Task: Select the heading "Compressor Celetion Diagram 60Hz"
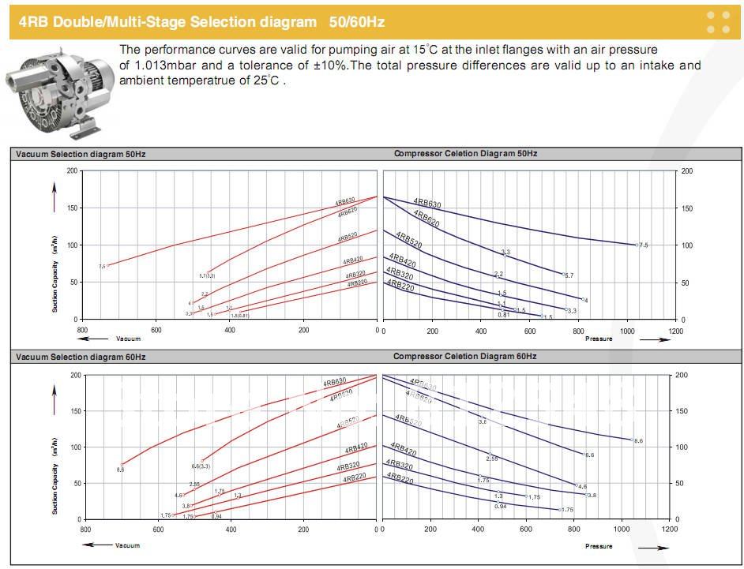click(465, 357)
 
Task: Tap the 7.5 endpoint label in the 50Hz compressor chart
click(644, 245)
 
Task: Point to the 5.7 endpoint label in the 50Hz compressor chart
click(569, 275)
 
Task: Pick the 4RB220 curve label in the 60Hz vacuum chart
click(355, 478)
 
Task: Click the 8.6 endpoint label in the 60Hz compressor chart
click(639, 441)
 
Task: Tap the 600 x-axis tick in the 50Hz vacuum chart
click(156, 331)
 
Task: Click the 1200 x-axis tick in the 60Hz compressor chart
click(669, 530)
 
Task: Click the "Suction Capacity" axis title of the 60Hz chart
click(55, 481)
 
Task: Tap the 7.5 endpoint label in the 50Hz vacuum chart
click(102, 267)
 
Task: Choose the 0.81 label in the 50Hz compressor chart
click(503, 315)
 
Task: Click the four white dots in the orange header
click(718, 21)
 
